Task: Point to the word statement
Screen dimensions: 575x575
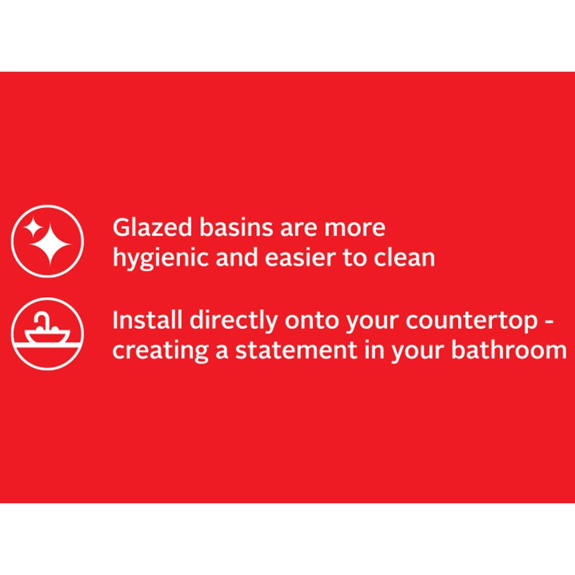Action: [x=296, y=350]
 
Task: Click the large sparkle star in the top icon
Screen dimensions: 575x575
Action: [x=51, y=245]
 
